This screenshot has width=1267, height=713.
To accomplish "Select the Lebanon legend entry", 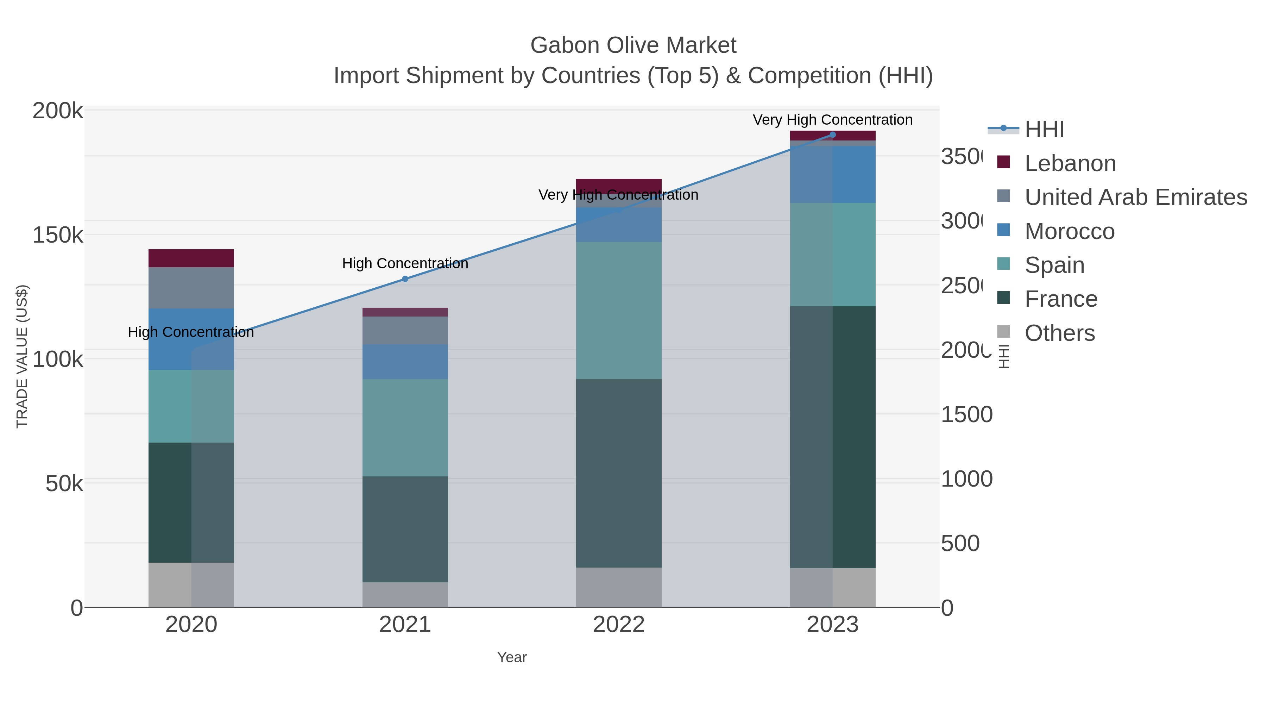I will point(1070,163).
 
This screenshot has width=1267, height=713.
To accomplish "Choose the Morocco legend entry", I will point(1069,231).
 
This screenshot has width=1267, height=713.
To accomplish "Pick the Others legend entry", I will point(1059,333).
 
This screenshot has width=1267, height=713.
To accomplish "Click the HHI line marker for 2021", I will point(405,279).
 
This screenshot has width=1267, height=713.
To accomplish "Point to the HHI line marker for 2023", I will point(832,135).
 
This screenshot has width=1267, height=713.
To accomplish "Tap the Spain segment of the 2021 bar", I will point(405,427).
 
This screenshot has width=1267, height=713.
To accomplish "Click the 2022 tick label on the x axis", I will point(618,625).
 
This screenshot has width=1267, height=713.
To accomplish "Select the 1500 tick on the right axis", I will point(966,414).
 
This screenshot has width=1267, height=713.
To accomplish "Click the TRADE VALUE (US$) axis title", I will point(22,356).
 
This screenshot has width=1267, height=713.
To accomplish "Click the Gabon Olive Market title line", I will point(633,45).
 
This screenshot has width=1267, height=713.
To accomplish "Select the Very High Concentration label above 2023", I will point(832,120).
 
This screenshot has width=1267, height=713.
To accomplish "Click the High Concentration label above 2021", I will point(405,263).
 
